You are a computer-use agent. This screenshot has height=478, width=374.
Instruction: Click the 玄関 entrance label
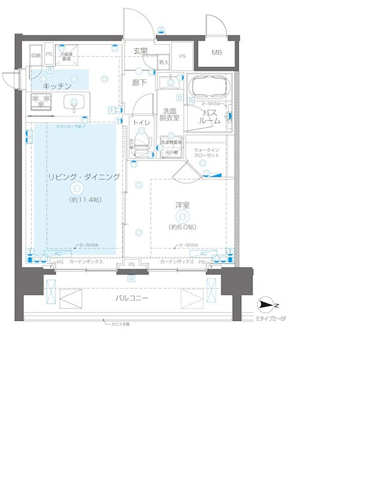[x=140, y=51]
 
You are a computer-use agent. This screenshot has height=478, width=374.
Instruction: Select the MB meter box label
[x=216, y=53]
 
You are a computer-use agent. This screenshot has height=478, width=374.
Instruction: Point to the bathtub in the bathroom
[x=208, y=87]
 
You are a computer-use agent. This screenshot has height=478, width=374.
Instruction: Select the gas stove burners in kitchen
[x=41, y=102]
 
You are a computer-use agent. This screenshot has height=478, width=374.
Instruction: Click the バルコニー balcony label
[x=132, y=298]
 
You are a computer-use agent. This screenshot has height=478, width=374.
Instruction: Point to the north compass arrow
[x=265, y=305]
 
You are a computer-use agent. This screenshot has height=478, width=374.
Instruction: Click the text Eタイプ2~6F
[x=272, y=319]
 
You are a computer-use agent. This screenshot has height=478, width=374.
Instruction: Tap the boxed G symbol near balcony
[x=130, y=278]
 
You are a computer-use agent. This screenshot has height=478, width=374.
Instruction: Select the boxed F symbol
[x=112, y=109]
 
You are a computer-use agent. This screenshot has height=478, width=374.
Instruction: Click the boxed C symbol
[x=179, y=97]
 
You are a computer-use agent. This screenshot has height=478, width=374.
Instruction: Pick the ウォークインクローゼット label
[x=206, y=152]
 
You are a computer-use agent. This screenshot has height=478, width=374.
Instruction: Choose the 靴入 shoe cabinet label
[x=164, y=62]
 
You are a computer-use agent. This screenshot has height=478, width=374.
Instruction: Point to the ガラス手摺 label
[x=120, y=323]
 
